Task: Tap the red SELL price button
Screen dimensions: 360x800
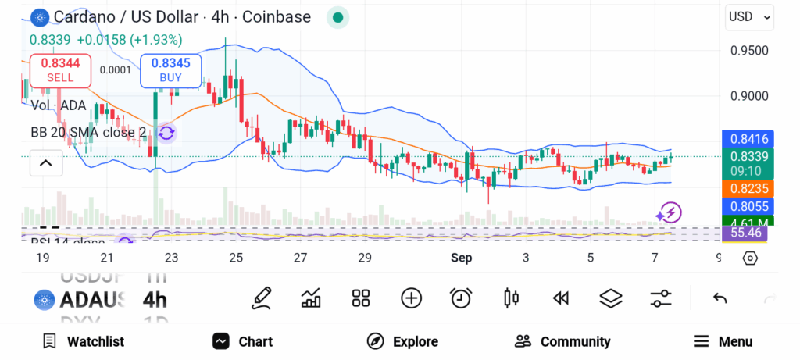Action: coord(60,70)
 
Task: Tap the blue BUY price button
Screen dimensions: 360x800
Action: coord(170,70)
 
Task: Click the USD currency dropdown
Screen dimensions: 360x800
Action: coord(749,16)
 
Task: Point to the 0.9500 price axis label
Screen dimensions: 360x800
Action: coord(749,51)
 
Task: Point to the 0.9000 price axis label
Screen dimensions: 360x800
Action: coord(749,96)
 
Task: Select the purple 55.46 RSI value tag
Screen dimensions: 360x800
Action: coord(746,233)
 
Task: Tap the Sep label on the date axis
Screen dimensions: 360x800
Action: coord(461,258)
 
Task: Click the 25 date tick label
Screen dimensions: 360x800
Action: coord(236,258)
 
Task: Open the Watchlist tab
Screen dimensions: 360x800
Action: coord(83,341)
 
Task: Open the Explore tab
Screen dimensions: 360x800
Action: coord(402,341)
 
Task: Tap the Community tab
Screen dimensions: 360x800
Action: coord(562,341)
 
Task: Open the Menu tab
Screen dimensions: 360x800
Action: coord(723,341)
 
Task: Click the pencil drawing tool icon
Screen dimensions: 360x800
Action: coord(262,298)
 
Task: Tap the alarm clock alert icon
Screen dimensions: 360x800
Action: coord(461,298)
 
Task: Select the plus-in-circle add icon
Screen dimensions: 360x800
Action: coord(411,298)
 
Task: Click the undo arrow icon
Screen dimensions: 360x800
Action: coord(720,298)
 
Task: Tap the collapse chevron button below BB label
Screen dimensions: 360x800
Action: coord(45,163)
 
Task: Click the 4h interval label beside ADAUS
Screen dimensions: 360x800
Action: coord(155,299)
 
